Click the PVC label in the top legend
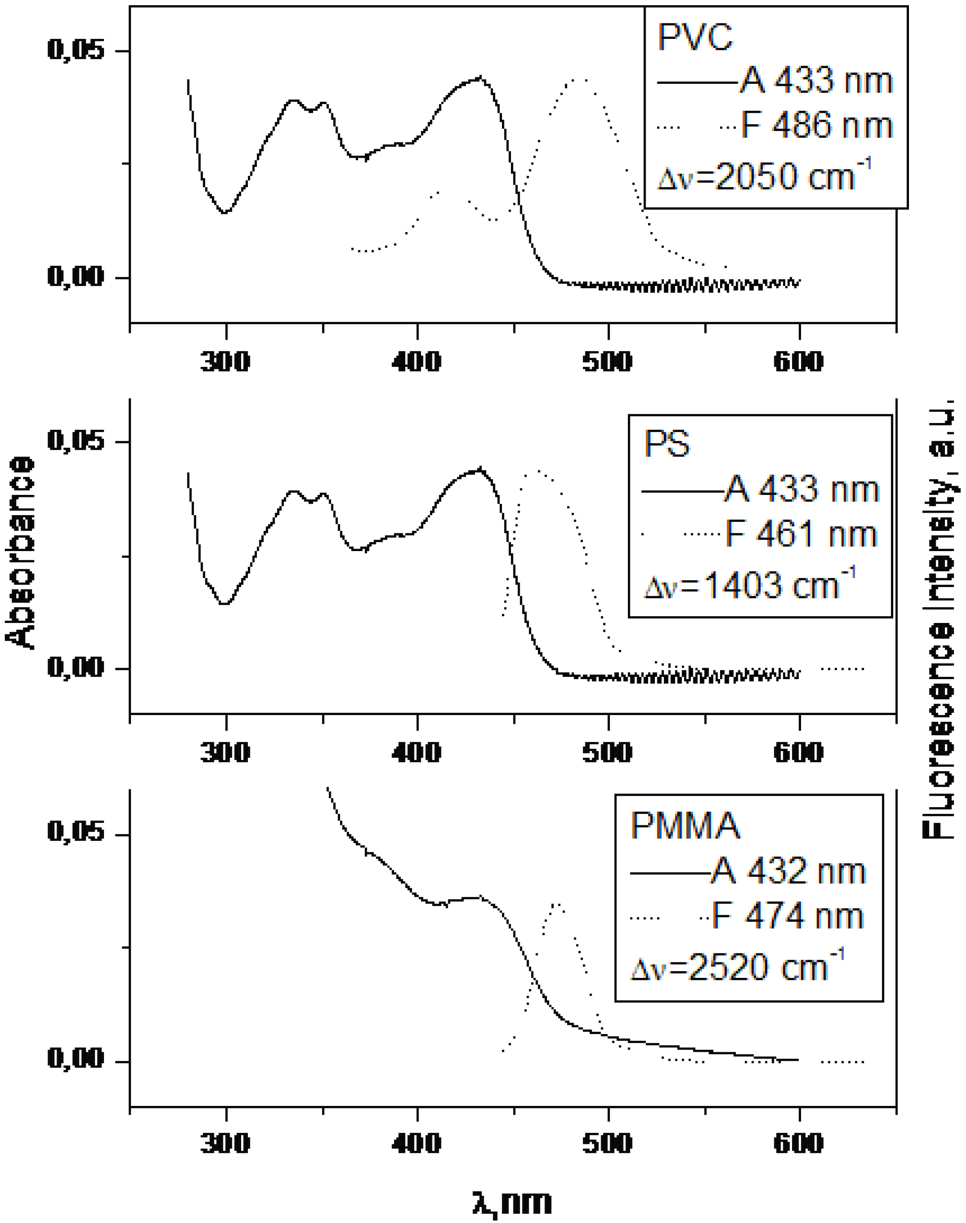click(x=695, y=37)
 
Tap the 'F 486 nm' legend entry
click(x=816, y=126)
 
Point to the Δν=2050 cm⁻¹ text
click(x=764, y=176)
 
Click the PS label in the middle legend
click(x=667, y=444)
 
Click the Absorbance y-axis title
click(x=20, y=552)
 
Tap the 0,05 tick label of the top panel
click(x=76, y=50)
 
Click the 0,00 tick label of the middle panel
click(x=76, y=668)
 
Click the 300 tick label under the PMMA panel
click(x=225, y=1143)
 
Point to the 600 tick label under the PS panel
click(x=798, y=753)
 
